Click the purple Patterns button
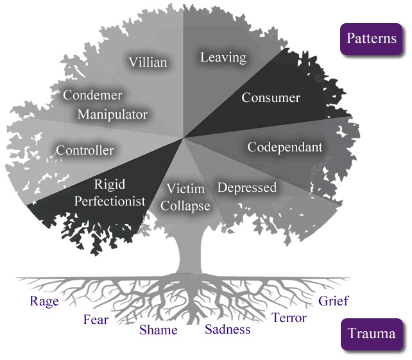[372, 39]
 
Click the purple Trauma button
[372, 334]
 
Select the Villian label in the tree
[148, 62]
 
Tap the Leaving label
[223, 57]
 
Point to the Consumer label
[271, 98]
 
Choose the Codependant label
[285, 147]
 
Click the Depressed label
[247, 187]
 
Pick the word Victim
[185, 189]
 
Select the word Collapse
[185, 206]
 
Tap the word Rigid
[110, 185]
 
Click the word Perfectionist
[110, 201]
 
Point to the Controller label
[85, 150]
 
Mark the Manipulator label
[112, 115]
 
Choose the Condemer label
[92, 96]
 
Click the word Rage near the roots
[44, 302]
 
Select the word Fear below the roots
[96, 320]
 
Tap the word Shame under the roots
[159, 330]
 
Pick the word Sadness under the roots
[228, 330]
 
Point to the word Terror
[289, 318]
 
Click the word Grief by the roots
[334, 300]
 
